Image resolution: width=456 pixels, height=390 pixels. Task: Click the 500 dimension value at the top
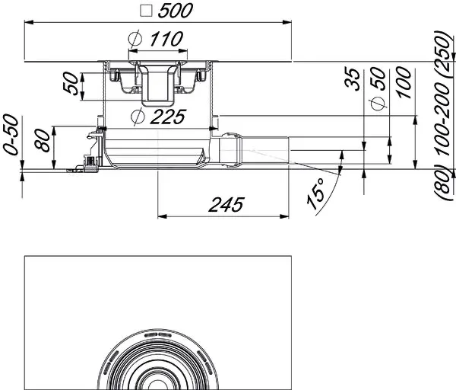pos(175,11)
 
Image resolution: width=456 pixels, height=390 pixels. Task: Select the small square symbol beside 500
pos(146,11)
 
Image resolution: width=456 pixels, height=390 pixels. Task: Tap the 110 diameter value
pos(166,39)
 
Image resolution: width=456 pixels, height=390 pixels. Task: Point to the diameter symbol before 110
pos(135,39)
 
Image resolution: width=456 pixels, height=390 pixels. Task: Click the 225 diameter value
pos(168,117)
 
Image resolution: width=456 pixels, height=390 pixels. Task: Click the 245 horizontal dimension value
pos(226,205)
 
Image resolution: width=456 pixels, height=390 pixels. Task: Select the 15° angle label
pos(316,193)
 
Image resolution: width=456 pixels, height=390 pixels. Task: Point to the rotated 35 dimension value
pos(353,79)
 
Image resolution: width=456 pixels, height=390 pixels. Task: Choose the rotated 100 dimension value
pos(404,82)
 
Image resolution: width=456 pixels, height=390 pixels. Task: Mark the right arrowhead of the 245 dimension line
pos(284,216)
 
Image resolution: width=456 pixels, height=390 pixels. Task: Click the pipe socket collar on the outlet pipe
pos(230,150)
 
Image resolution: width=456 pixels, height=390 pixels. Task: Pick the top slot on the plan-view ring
pos(158,334)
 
